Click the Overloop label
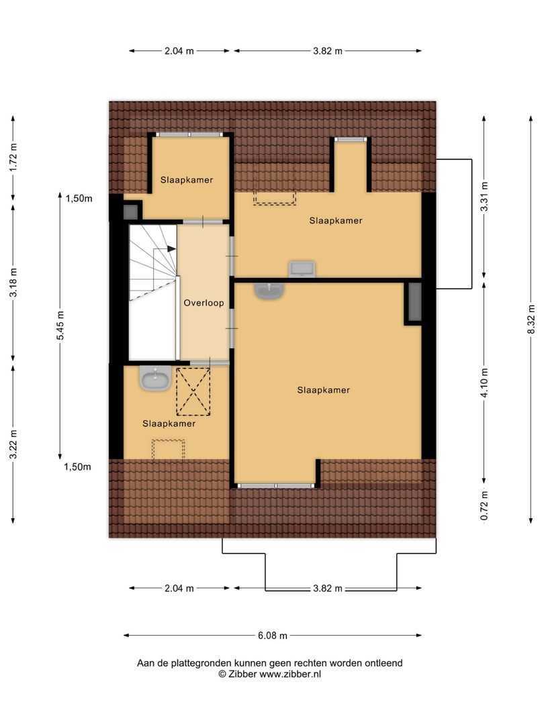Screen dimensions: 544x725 click(x=203, y=303)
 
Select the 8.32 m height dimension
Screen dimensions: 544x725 click(x=531, y=319)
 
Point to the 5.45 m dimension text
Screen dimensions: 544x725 click(x=60, y=326)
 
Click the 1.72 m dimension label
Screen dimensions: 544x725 click(x=13, y=157)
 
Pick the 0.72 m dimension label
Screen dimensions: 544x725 click(x=484, y=505)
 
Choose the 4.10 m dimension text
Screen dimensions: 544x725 click(x=484, y=383)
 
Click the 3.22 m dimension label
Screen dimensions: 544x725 click(x=13, y=444)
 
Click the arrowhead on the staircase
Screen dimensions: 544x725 click(x=172, y=249)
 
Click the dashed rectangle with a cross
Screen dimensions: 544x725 click(x=193, y=391)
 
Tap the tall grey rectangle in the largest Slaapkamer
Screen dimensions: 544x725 click(x=414, y=302)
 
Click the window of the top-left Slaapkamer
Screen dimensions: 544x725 click(x=189, y=134)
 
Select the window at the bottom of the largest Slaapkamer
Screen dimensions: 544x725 click(x=276, y=486)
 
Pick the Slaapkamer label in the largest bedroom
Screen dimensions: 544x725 click(x=323, y=390)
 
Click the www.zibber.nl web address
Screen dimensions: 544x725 click(x=290, y=674)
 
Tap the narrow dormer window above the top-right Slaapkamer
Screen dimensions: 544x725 click(x=351, y=139)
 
